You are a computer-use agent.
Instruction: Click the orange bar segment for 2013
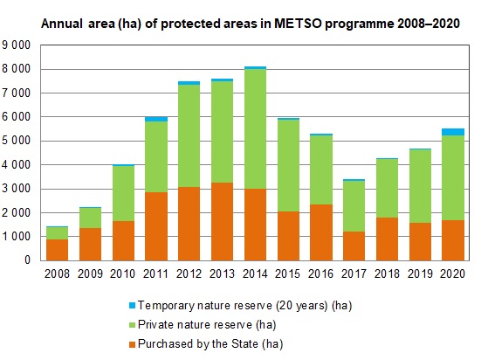tap(222, 221)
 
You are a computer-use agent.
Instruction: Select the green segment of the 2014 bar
tap(255, 129)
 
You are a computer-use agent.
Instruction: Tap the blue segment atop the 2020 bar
tap(453, 132)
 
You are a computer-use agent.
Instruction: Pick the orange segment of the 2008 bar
tap(57, 250)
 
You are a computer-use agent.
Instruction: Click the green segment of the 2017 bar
tap(354, 206)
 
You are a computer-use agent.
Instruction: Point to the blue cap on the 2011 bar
tap(156, 120)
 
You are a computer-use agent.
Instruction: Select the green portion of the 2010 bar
tap(123, 194)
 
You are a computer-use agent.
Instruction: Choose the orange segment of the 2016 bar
tap(321, 232)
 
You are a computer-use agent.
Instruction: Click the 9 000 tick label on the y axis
tap(17, 45)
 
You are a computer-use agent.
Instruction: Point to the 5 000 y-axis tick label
tap(17, 141)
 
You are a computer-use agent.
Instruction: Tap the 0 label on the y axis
tap(27, 260)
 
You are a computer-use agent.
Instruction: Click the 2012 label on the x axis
tap(189, 273)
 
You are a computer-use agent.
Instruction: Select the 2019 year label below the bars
tap(420, 273)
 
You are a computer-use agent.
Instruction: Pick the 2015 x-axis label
tap(287, 273)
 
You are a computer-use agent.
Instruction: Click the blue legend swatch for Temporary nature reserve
tap(133, 306)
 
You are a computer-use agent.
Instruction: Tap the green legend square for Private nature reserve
tap(133, 325)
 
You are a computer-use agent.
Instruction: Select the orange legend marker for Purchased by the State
tap(133, 344)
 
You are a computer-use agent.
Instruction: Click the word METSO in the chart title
tap(298, 24)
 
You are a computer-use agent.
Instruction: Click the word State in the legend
tap(244, 344)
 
